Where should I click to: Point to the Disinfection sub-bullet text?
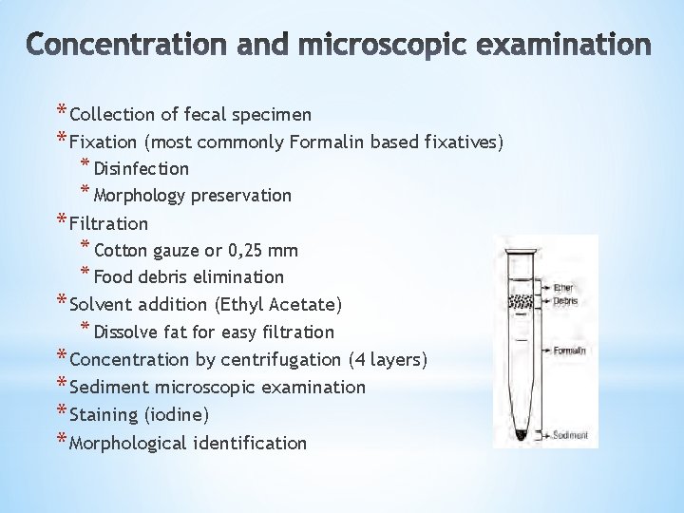pyautogui.click(x=142, y=169)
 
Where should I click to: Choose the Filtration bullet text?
pyautogui.click(x=109, y=224)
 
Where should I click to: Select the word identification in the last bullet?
pyautogui.click(x=249, y=443)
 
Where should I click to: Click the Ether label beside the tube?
pyautogui.click(x=563, y=286)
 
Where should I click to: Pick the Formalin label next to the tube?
pyautogui.click(x=570, y=350)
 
